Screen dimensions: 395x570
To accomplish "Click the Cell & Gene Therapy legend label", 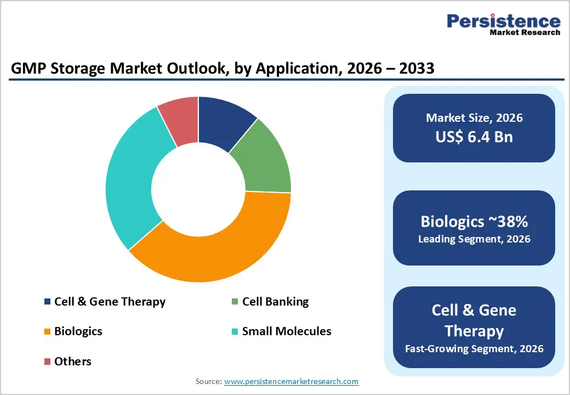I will tap(110, 302).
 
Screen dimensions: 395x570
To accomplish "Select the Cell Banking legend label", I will tap(275, 302).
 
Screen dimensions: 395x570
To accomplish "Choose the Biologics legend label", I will tap(78, 331).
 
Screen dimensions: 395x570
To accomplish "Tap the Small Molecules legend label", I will tap(286, 331).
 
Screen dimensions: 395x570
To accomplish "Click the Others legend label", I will tap(72, 362).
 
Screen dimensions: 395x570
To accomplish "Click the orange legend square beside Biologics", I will tap(47, 332).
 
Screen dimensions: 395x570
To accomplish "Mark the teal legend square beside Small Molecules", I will tap(235, 332).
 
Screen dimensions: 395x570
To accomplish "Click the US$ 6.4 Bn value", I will tap(474, 137).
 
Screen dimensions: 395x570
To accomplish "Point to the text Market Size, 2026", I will tap(474, 118).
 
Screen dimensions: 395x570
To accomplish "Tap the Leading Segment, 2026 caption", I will tap(474, 239).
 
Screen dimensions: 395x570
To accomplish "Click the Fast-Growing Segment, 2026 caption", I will tap(474, 348).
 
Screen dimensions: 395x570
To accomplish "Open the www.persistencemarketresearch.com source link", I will tap(291, 381).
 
